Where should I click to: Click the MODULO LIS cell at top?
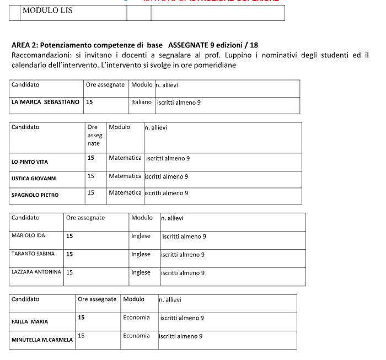click(47, 10)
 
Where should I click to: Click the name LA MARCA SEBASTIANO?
click(46, 102)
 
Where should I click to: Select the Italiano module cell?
click(142, 102)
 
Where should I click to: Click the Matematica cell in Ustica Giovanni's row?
click(125, 176)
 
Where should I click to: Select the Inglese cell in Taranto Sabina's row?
click(141, 254)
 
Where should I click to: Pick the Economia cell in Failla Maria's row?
click(136, 318)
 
